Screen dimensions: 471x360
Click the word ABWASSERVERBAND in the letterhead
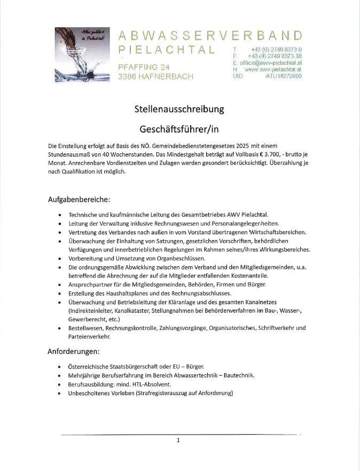tap(210, 35)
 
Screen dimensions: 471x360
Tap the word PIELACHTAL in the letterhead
tap(166, 50)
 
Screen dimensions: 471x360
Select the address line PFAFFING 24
tap(144, 67)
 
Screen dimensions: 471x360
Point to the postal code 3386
tap(128, 76)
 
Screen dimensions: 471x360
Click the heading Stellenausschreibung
tap(179, 110)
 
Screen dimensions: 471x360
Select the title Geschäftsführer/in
tap(179, 129)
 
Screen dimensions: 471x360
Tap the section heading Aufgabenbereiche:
tap(79, 200)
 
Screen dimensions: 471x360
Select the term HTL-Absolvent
tap(147, 384)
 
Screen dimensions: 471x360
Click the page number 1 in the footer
tap(178, 441)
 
